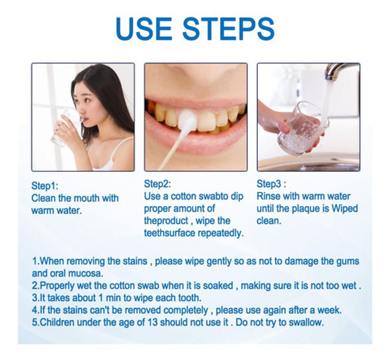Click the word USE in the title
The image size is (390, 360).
[x=143, y=28]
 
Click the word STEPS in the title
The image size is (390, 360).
[x=229, y=28]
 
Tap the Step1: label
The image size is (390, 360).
[x=45, y=186]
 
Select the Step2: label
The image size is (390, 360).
[x=157, y=184]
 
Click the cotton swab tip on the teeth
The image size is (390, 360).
[x=186, y=121]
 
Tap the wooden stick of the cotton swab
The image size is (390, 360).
[x=171, y=150]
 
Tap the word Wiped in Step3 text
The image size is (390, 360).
[x=345, y=208]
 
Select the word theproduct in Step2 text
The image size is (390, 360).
[x=166, y=221]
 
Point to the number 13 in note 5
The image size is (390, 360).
[x=153, y=322]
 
